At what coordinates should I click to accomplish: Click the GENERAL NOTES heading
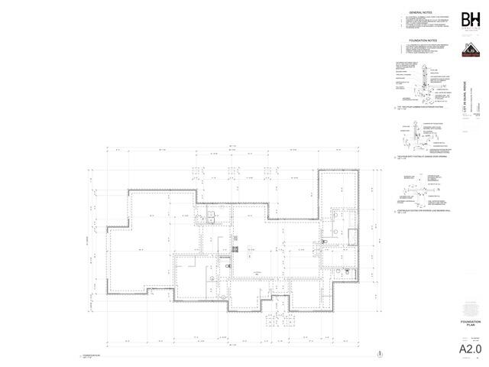coord(422,13)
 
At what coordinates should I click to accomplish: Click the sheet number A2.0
coord(468,349)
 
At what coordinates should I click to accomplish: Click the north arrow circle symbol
coord(379,353)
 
